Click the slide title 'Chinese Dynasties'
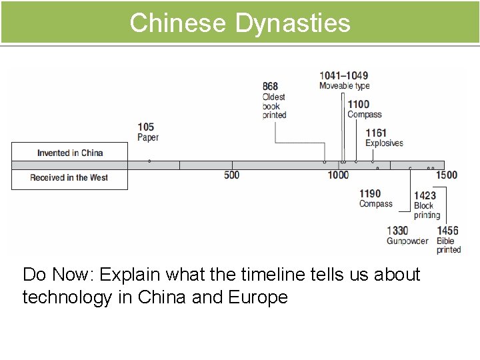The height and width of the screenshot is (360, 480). [x=239, y=22]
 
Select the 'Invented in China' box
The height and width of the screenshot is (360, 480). [x=69, y=153]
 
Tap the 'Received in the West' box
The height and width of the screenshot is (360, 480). [x=69, y=178]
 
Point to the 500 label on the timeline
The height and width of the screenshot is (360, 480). [x=231, y=175]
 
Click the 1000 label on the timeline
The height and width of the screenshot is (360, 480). [x=338, y=175]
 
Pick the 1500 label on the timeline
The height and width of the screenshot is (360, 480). [x=447, y=175]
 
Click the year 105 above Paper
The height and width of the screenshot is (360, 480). [x=146, y=127]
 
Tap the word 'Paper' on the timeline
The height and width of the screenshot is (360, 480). [x=148, y=137]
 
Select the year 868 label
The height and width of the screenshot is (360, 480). [x=270, y=87]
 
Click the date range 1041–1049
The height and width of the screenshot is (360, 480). [x=343, y=75]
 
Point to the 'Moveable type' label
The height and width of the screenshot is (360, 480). [x=344, y=86]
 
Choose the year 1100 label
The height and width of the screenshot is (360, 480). [x=358, y=104]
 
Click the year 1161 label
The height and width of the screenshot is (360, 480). [x=376, y=133]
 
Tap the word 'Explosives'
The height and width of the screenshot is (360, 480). [x=384, y=143]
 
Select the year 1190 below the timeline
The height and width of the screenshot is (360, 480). [x=370, y=194]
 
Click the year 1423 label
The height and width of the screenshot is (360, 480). [x=425, y=195]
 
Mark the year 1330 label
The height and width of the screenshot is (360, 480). [x=397, y=231]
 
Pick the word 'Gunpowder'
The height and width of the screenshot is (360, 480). [x=407, y=241]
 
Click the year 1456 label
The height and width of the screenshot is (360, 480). [x=447, y=231]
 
